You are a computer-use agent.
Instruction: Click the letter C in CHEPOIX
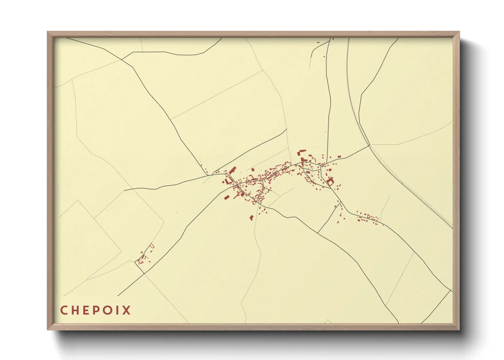point(64,310)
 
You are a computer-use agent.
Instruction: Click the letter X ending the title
point(126,310)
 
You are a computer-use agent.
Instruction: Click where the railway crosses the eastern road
point(369,145)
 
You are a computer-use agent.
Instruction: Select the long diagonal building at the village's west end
point(233,170)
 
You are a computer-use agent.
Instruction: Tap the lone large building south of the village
point(251,217)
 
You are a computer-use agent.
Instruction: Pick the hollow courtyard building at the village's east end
point(330,182)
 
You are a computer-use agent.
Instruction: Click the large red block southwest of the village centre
point(226,197)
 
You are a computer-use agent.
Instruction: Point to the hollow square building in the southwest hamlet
point(139,262)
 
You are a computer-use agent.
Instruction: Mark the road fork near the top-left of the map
point(122,59)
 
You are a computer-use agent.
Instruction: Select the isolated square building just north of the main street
point(253,169)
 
